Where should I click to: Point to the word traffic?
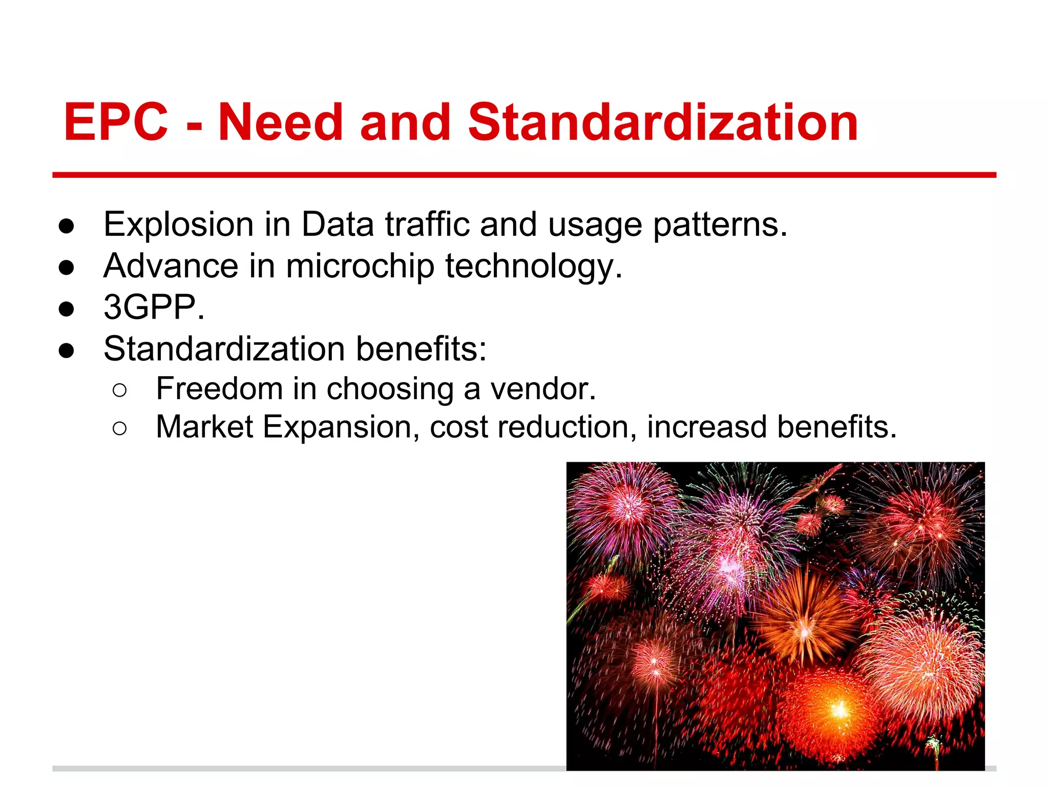click(427, 225)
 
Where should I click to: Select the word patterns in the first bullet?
click(720, 225)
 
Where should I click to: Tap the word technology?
click(533, 266)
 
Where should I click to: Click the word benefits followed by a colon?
click(421, 349)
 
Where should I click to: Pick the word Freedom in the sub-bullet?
click(219, 388)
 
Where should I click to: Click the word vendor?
click(543, 388)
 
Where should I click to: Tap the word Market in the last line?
click(204, 427)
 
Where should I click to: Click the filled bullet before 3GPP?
click(67, 309)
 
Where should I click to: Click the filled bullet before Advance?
click(67, 267)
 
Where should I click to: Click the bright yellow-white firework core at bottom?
click(839, 711)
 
